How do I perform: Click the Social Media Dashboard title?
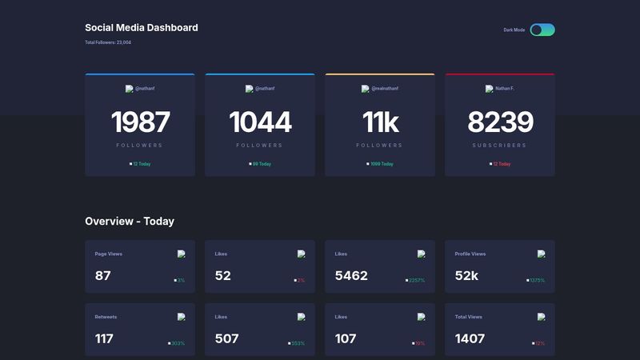(141, 28)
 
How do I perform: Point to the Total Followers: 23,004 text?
(108, 42)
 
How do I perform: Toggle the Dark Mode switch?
(542, 30)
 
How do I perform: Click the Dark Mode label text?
(514, 30)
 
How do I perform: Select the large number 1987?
(140, 122)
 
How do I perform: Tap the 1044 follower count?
(260, 122)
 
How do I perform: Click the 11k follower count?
(380, 122)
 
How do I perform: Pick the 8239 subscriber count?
(500, 122)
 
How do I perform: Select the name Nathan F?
(505, 89)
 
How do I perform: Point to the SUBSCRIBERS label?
(500, 146)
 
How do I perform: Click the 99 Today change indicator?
(262, 164)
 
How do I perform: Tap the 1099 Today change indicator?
(382, 164)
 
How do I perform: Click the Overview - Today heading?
(130, 221)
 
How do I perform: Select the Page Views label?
(108, 254)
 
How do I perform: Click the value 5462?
(351, 276)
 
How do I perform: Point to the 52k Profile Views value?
(466, 276)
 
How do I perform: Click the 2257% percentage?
(416, 281)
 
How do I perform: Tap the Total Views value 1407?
(470, 338)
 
